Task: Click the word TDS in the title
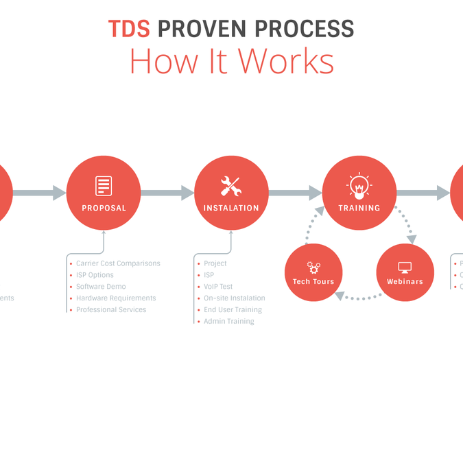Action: pyautogui.click(x=129, y=29)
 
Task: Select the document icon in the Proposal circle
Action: pyautogui.click(x=104, y=185)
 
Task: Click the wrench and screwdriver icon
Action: pyautogui.click(x=231, y=185)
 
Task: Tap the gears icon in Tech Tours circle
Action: pyautogui.click(x=313, y=267)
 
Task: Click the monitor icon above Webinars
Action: pyautogui.click(x=405, y=267)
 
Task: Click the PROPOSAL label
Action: pyautogui.click(x=104, y=208)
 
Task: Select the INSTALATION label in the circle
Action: pyautogui.click(x=231, y=208)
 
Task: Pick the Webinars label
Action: pyautogui.click(x=405, y=281)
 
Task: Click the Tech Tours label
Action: pyautogui.click(x=313, y=281)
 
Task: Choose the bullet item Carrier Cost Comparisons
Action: pyautogui.click(x=118, y=263)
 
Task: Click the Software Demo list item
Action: pyautogui.click(x=101, y=287)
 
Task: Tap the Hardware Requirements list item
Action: pyautogui.click(x=116, y=298)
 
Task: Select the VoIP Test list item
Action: pyautogui.click(x=218, y=287)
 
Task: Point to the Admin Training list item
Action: pyautogui.click(x=228, y=321)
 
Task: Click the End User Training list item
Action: pyautogui.click(x=233, y=309)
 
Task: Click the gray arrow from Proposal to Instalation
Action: pyautogui.click(x=167, y=193)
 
